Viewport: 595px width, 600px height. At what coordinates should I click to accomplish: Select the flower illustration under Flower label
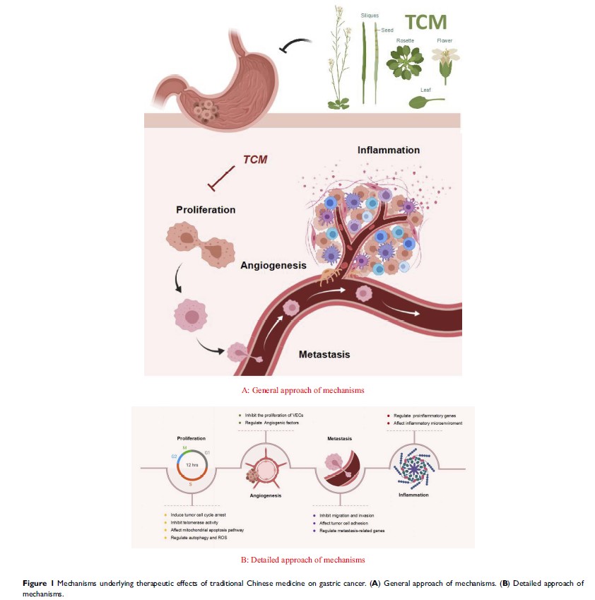point(445,64)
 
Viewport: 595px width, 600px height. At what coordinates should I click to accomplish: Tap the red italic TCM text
point(255,160)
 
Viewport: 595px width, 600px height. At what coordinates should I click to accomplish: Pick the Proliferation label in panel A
point(206,210)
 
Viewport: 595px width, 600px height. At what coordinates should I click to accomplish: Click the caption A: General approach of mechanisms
point(303,390)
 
